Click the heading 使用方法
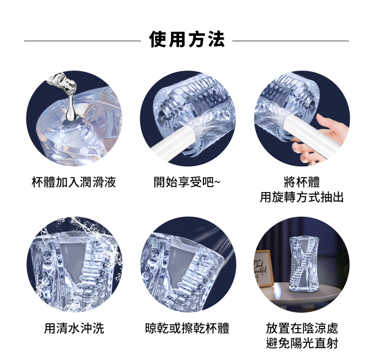point(187,40)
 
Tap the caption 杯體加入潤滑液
point(74,182)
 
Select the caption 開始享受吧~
point(187,182)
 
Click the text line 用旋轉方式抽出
point(302,197)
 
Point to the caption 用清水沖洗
point(74,328)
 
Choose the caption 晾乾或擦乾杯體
point(187,328)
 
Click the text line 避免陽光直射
point(302,343)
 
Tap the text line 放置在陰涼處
point(302,328)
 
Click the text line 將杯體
point(302,182)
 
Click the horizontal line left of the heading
point(83,41)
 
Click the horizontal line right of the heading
point(290,41)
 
